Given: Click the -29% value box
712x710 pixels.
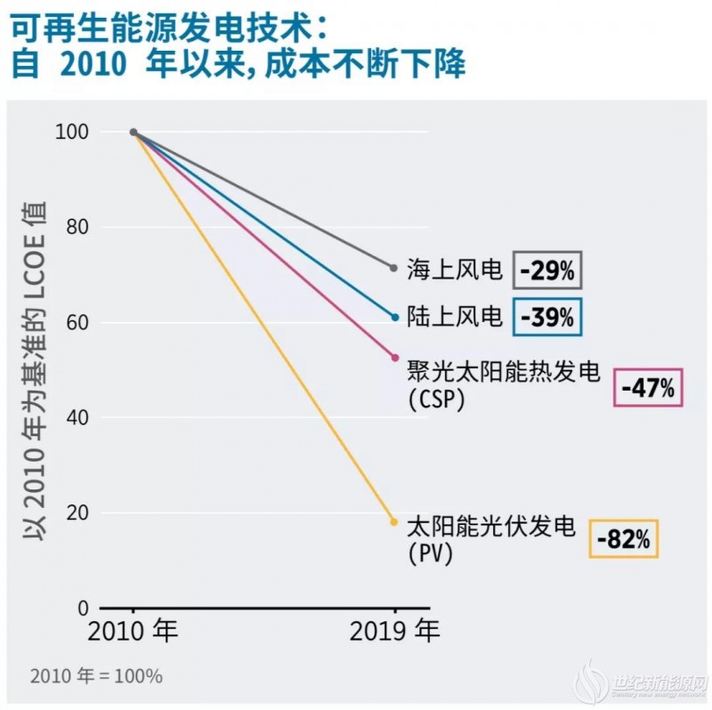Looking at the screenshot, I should [547, 270].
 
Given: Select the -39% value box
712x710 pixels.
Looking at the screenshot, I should [547, 317].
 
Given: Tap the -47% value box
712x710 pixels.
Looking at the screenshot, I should [648, 387].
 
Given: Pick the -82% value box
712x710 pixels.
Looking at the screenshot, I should [624, 538].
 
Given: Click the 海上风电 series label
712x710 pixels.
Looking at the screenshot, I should [455, 269].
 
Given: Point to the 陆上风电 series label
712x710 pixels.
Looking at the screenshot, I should [455, 316].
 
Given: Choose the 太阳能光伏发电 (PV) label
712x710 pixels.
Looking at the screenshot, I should [490, 538].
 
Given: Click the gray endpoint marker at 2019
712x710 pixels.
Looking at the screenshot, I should [394, 268].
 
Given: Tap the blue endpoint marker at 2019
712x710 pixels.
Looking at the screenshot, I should [394, 317].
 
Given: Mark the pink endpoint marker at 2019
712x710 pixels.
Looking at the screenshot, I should [394, 358].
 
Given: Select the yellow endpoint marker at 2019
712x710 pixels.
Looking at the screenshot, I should [394, 522].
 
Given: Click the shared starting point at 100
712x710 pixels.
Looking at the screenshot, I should [133, 132].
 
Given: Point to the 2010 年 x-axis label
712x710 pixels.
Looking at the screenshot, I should [133, 633].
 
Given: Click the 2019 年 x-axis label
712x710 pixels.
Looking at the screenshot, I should [394, 633].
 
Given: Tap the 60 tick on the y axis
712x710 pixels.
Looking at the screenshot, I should [78, 322].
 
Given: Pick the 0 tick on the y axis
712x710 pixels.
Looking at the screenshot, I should [84, 609].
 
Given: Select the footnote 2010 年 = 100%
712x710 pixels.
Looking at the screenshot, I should [96, 676].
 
